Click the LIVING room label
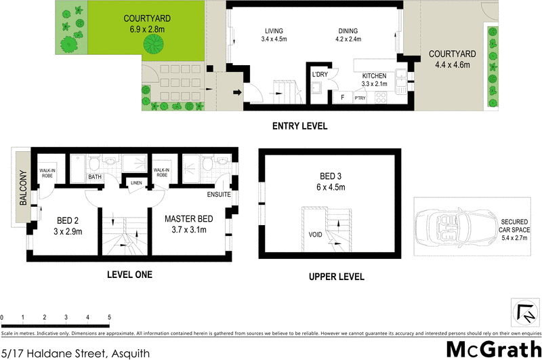click(x=274, y=31)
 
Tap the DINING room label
click(x=348, y=31)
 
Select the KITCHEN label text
click(x=374, y=75)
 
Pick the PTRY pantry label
click(x=360, y=98)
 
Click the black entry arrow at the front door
click(x=237, y=93)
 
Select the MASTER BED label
click(x=190, y=219)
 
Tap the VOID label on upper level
click(x=315, y=235)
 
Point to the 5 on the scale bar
click(x=109, y=317)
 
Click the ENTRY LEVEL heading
click(x=299, y=126)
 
